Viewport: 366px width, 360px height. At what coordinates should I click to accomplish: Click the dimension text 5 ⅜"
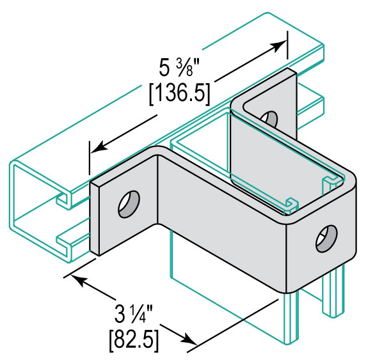click(x=179, y=67)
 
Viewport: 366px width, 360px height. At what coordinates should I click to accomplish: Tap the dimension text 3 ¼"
click(x=134, y=315)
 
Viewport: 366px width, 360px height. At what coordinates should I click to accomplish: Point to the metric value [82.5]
click(x=134, y=341)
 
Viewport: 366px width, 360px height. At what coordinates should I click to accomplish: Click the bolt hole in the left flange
click(x=129, y=204)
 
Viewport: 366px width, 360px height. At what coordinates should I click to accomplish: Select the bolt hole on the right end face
click(x=326, y=239)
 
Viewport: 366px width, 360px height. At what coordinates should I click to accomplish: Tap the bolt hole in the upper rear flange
click(x=270, y=118)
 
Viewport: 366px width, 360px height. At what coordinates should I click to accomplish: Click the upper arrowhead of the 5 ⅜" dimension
click(x=280, y=45)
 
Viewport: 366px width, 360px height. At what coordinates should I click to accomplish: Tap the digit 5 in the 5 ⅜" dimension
click(x=164, y=67)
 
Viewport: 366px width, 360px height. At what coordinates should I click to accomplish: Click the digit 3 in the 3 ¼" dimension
click(x=120, y=315)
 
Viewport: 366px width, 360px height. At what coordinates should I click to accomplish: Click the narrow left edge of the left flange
click(x=95, y=219)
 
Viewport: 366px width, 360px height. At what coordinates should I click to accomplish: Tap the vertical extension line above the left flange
click(x=90, y=157)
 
